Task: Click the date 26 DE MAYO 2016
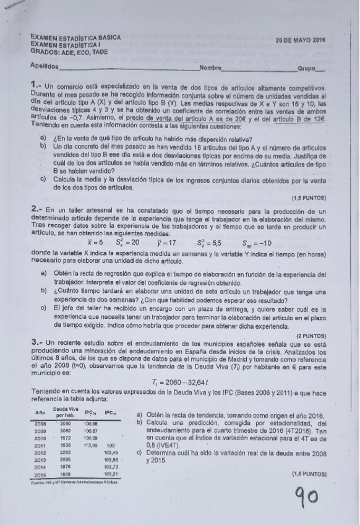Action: click(301, 40)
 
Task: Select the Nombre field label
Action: click(210, 67)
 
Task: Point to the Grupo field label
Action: click(307, 68)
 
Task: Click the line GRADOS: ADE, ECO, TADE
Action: click(69, 51)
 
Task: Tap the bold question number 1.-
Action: click(35, 83)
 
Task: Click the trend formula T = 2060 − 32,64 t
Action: click(180, 382)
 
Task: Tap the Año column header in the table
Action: click(41, 412)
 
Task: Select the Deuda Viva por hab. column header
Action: click(66, 412)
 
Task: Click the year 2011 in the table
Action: click(41, 445)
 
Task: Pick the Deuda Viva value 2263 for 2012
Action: click(66, 452)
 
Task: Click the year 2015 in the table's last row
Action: click(41, 475)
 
